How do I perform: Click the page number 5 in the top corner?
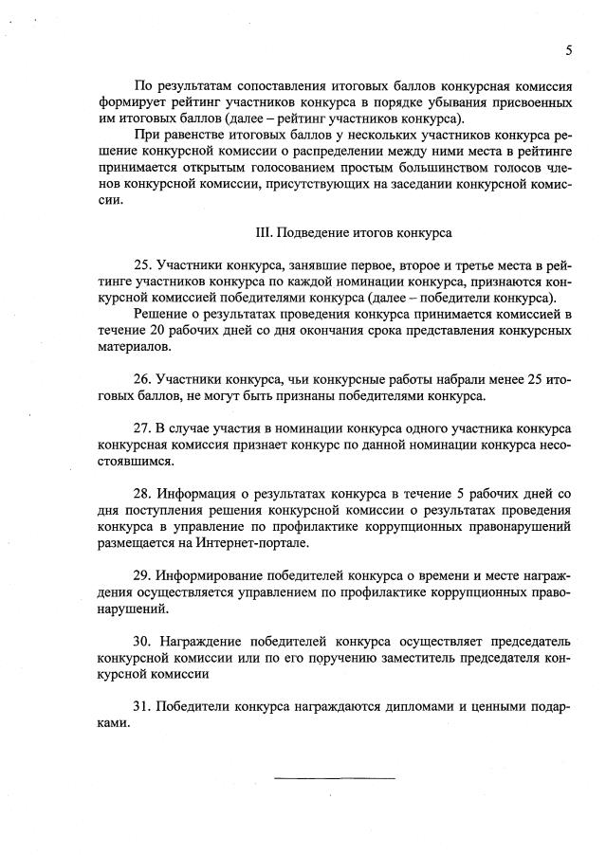[568, 50]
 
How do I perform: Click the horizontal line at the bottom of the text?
[334, 778]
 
